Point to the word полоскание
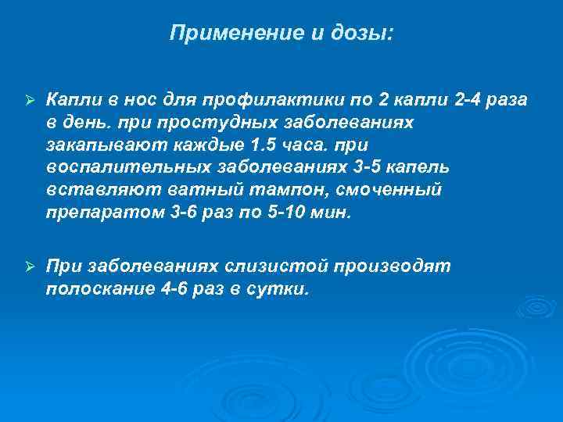[x=99, y=289]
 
